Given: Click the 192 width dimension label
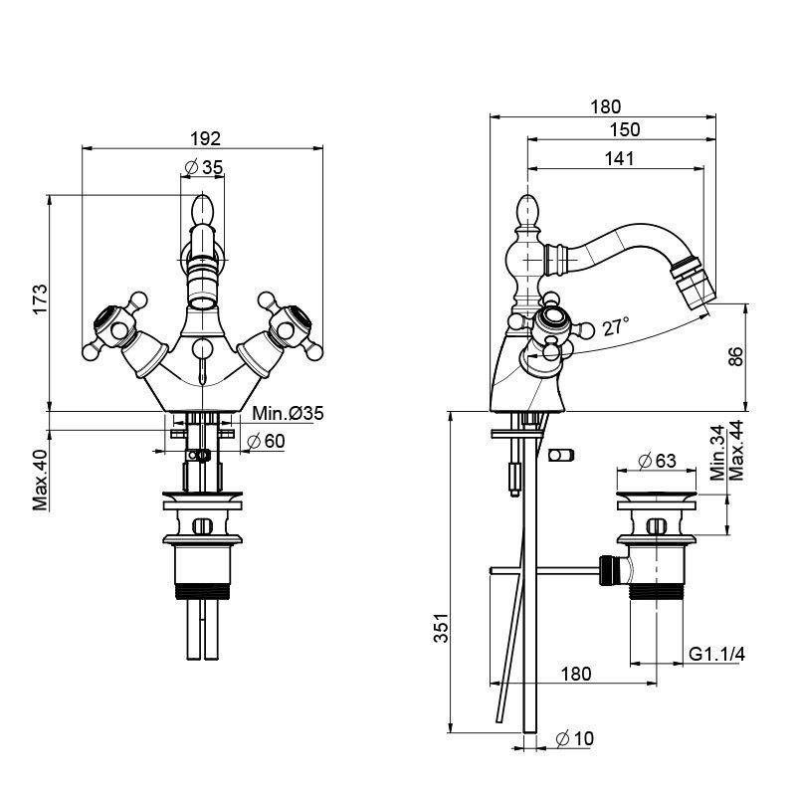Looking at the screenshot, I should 204,138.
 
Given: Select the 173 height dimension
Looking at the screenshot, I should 40,300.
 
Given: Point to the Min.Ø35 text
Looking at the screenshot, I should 288,413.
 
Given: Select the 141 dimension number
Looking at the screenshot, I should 617,157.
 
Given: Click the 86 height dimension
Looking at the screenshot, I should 736,356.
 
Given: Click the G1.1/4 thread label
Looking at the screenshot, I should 717,654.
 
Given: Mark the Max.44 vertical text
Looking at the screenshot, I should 736,449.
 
